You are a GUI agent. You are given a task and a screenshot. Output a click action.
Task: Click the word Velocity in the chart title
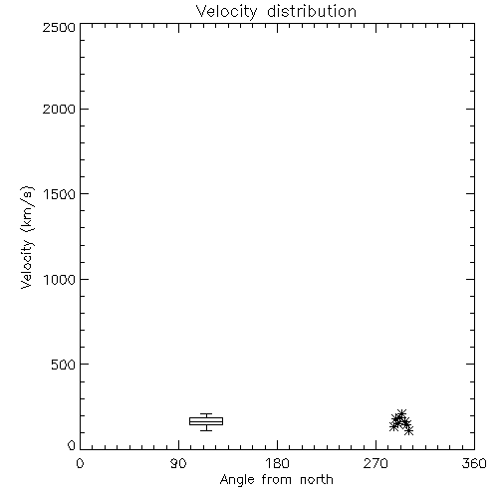pos(227,12)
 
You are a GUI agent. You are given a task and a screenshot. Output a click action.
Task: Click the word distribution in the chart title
pos(312,11)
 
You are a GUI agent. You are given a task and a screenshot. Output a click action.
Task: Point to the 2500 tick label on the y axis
pos(59,27)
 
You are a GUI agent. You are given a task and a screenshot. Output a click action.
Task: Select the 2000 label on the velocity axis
pos(59,109)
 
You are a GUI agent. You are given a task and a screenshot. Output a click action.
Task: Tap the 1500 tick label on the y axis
pos(60,194)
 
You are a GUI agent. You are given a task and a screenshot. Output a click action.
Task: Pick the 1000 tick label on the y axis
pos(60,280)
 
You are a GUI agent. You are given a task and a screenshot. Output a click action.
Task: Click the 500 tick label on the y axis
pos(64,365)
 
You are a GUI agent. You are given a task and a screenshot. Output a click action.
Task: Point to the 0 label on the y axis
pos(72,445)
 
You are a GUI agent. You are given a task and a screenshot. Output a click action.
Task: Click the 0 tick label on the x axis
pos(80,463)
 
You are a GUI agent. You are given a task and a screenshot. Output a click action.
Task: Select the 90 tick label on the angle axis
pos(178,463)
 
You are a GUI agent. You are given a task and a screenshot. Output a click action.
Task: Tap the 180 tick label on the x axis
pos(277,463)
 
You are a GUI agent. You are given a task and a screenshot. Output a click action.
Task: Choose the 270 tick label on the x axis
pos(375,463)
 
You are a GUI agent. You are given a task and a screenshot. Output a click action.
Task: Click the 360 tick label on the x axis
pos(474,463)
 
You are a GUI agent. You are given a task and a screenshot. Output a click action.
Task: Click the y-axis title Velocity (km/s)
pos(27,237)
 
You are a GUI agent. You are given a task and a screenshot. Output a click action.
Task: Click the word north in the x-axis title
pos(317,480)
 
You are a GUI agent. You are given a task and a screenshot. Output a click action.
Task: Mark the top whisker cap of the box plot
pos(206,413)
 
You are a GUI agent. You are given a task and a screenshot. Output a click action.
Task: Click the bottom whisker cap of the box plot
pos(206,430)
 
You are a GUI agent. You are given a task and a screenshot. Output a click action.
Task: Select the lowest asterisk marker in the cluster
pos(409,430)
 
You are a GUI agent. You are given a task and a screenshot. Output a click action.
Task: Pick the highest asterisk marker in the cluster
pos(401,413)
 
